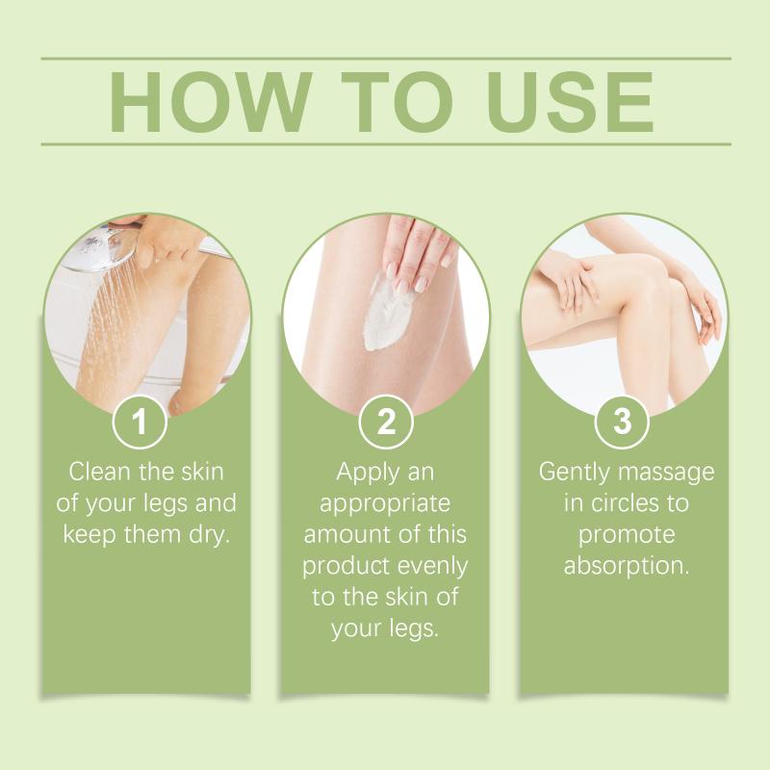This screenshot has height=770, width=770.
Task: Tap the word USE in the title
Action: [570, 102]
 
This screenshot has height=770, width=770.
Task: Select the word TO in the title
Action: [398, 102]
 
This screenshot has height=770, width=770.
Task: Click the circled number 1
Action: [140, 422]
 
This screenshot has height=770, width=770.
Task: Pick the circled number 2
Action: [386, 422]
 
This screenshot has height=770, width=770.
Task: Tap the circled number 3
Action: [622, 422]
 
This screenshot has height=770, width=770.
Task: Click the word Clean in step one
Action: [100, 472]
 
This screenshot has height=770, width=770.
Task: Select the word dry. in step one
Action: [210, 534]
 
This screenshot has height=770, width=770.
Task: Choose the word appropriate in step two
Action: [385, 504]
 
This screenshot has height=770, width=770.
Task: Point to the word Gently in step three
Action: [574, 473]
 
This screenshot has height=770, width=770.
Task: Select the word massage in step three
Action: [666, 474]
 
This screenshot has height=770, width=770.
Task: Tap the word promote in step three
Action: [627, 536]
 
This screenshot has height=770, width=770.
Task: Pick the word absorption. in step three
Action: [627, 566]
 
